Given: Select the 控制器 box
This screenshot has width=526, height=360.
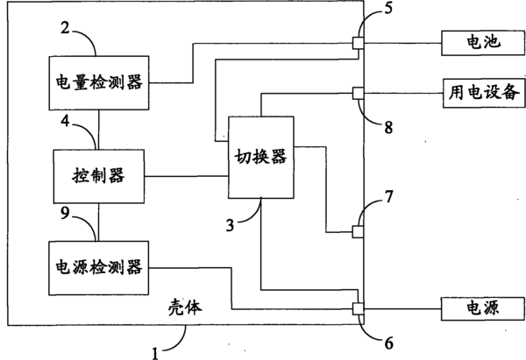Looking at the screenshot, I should click(97, 174).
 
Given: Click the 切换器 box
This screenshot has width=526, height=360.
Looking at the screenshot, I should click(262, 156).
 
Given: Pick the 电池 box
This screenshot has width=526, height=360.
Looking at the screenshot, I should click(478, 41).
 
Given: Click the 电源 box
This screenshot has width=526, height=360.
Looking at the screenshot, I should click(478, 308).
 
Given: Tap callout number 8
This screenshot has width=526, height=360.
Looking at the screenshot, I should click(387, 125).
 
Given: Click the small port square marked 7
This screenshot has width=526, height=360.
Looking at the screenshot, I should click(358, 232).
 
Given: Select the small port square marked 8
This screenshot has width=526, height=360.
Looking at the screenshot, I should click(358, 91).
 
